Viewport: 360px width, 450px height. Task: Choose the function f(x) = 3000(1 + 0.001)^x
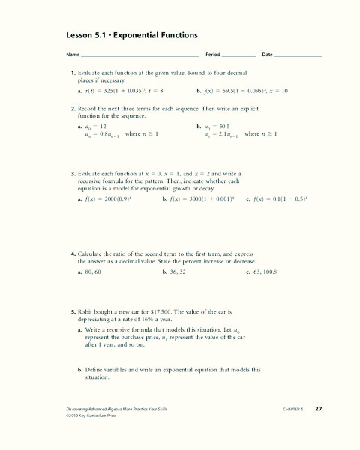click(202, 200)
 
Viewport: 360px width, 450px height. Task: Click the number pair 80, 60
click(95, 273)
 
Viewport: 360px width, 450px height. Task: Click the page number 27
click(318, 408)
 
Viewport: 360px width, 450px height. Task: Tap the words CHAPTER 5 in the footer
click(292, 409)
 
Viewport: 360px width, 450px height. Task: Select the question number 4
click(73, 254)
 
